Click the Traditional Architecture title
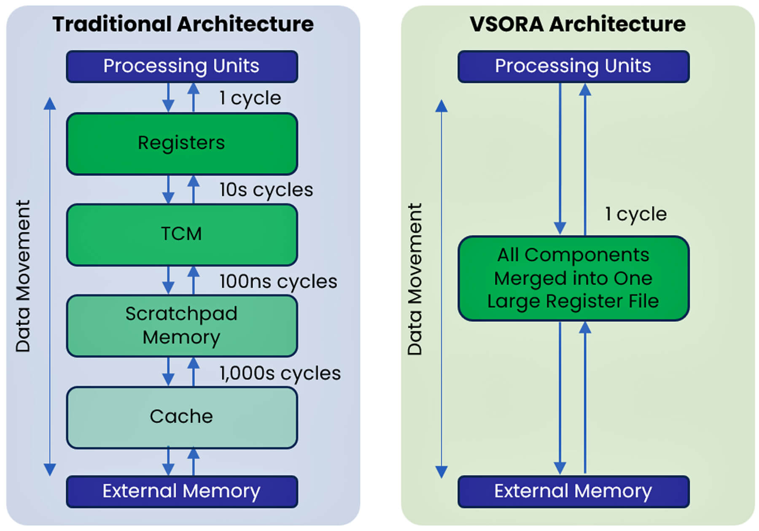pos(183,24)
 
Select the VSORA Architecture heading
pos(578,24)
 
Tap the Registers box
pos(182,144)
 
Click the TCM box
pos(182,235)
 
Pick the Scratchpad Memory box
pos(182,326)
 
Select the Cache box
pos(182,417)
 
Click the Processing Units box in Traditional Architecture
pos(182,67)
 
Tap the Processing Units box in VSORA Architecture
pos(573,67)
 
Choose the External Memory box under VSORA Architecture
pos(573,491)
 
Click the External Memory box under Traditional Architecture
pos(182,491)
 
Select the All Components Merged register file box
pos(573,279)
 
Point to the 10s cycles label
pos(266,190)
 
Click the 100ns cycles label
pos(278,282)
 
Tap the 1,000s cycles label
pos(280,373)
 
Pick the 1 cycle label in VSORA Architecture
pos(636,214)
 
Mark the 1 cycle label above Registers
pos(250,98)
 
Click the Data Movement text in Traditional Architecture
pos(23,276)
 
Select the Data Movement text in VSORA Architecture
pos(414,279)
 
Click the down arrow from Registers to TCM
pos(168,190)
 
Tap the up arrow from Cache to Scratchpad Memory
pos(193,372)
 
